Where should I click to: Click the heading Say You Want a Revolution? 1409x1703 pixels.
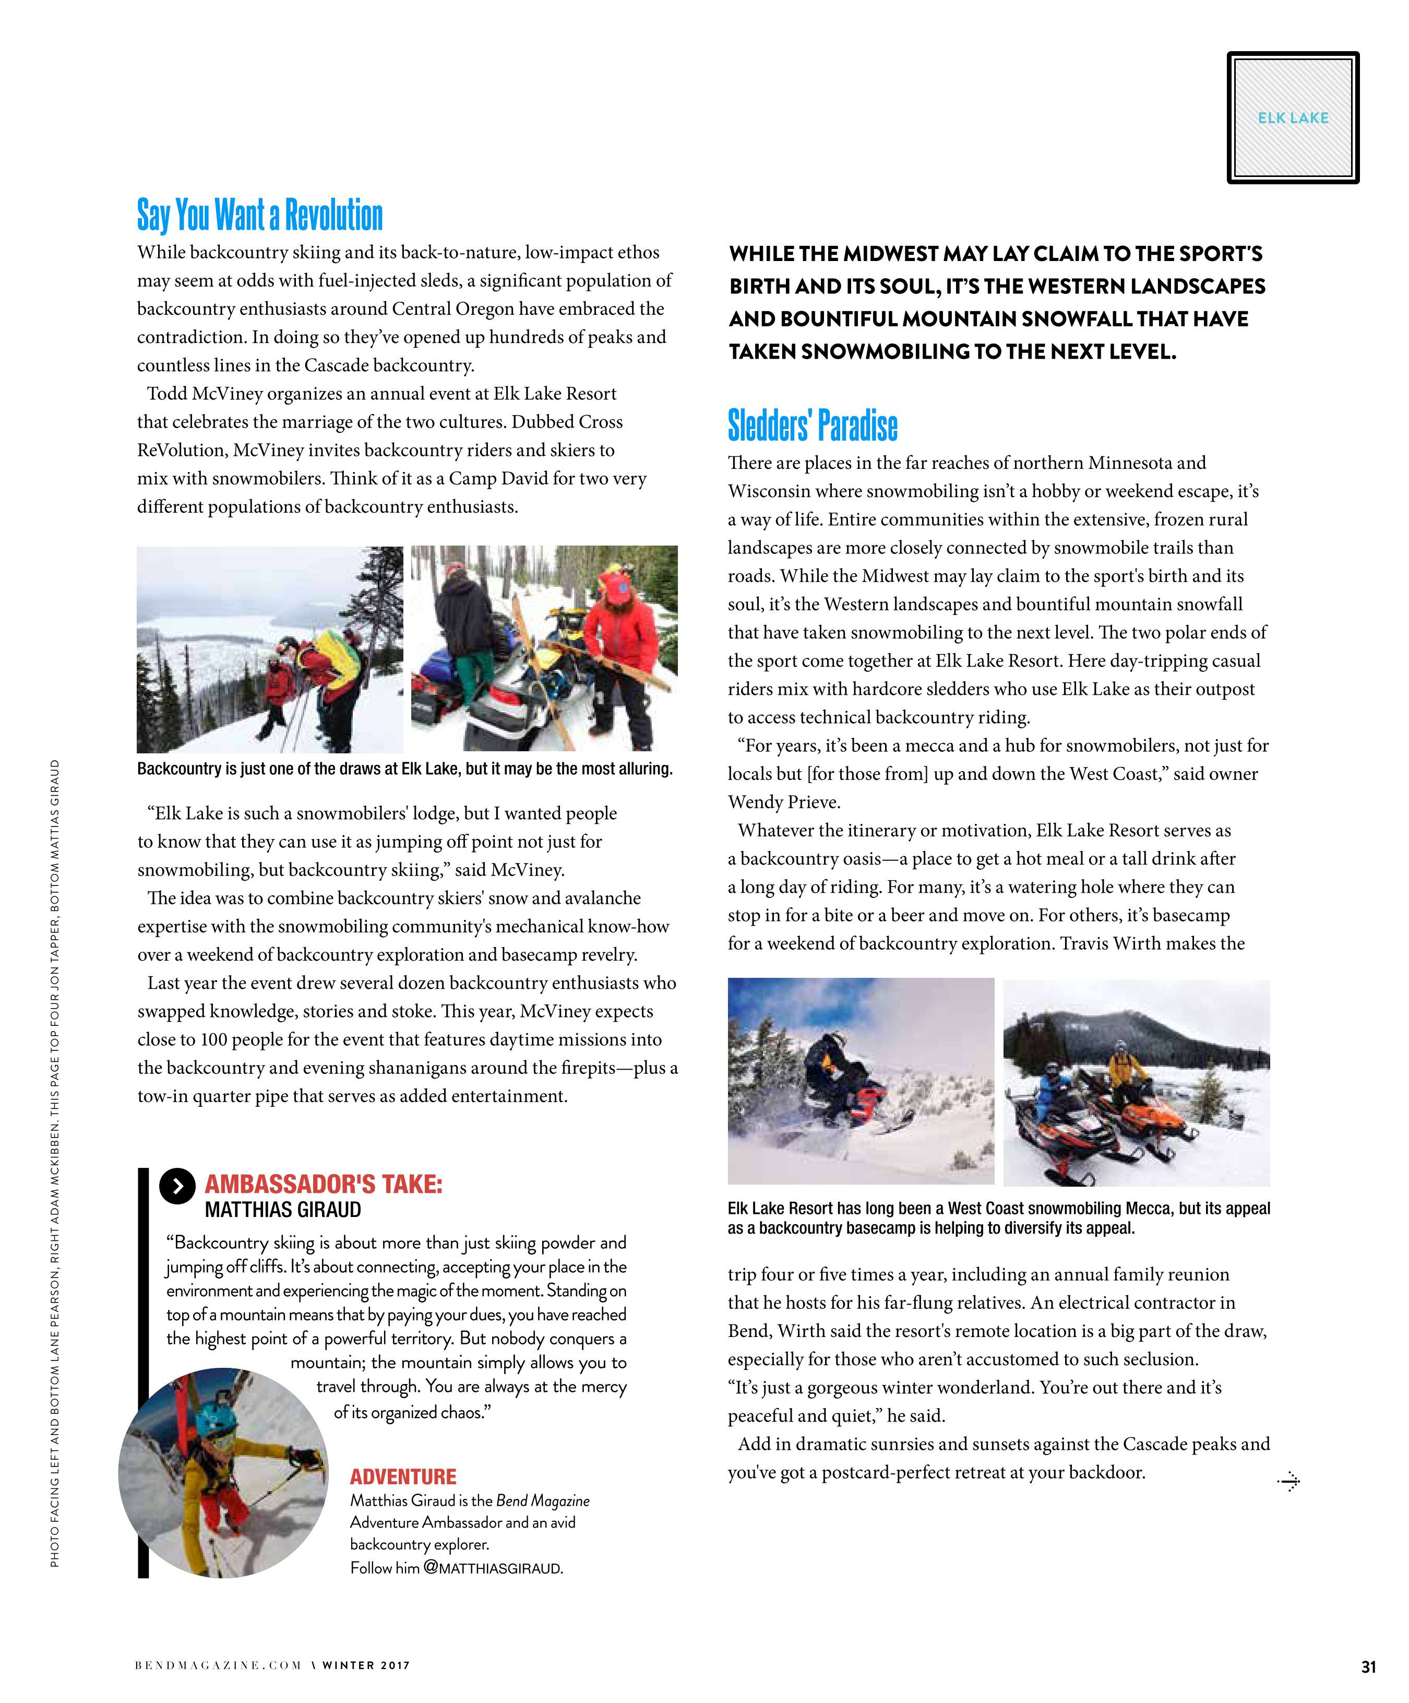[x=259, y=215]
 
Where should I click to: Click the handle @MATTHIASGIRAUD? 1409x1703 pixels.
[x=493, y=1568]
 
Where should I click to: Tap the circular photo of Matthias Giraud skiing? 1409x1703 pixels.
[x=223, y=1472]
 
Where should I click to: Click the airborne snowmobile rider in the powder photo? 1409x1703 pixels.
[x=839, y=1062]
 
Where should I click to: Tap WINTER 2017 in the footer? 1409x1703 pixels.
[x=366, y=1666]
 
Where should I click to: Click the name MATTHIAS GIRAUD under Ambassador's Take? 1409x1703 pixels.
[x=283, y=1210]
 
